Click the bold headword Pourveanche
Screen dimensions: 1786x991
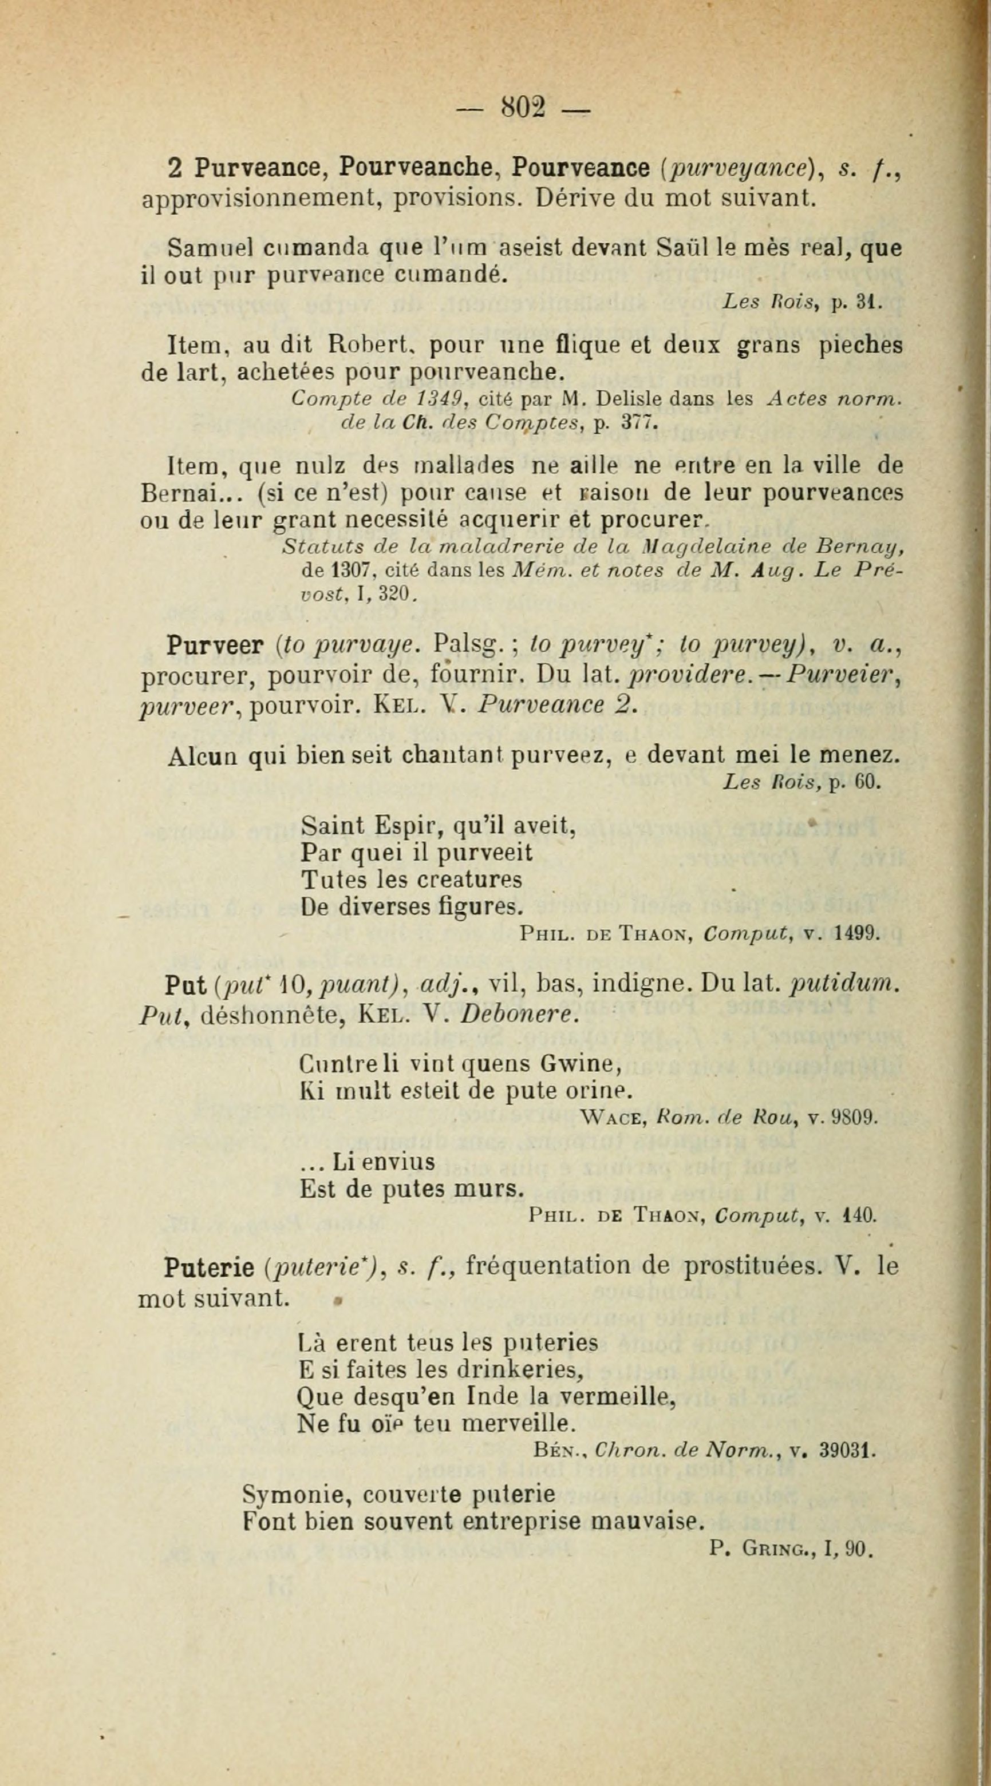(414, 168)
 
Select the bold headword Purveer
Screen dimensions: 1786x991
(214, 646)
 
